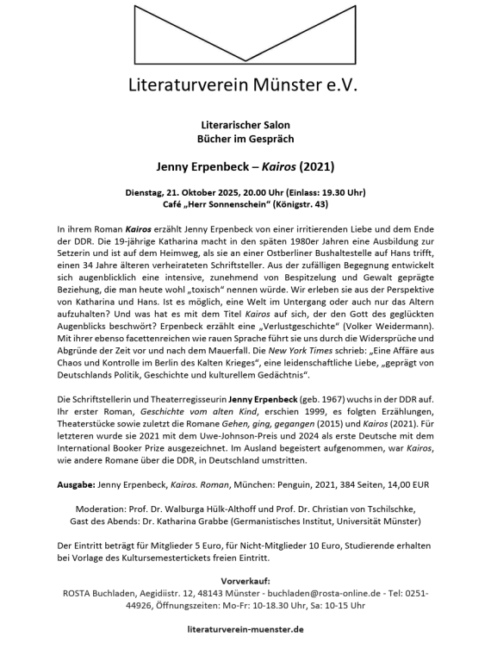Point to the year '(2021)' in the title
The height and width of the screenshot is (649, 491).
(x=314, y=164)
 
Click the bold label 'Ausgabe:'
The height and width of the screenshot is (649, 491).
(x=76, y=485)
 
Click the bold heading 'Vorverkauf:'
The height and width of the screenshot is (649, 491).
(x=245, y=580)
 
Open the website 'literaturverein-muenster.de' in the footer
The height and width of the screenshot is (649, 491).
(x=245, y=629)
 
